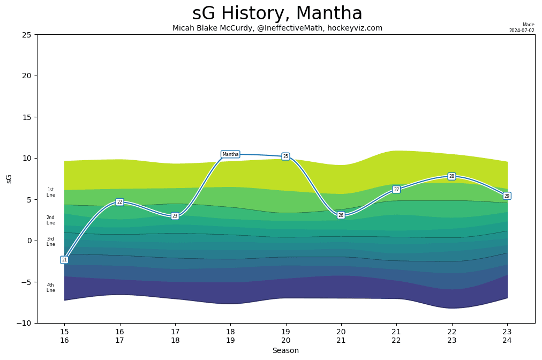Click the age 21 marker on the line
[64, 260]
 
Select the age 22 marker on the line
[119, 202]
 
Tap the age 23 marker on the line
[175, 216]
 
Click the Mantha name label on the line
[230, 154]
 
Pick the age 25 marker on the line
[285, 156]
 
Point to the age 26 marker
[341, 215]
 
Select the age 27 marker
[396, 190]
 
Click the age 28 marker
[451, 176]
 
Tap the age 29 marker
[507, 196]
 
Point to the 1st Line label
[50, 192]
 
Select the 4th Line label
[50, 288]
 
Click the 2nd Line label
[50, 220]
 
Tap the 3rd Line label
[50, 242]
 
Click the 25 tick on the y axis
[27, 35]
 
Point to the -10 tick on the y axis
[25, 323]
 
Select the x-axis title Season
[285, 351]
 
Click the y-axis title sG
[9, 178]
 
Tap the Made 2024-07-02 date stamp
[522, 28]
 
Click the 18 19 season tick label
[230, 336]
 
